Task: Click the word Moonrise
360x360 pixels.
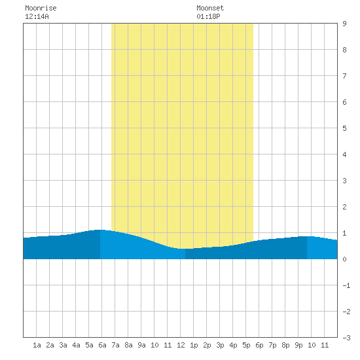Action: pyautogui.click(x=41, y=8)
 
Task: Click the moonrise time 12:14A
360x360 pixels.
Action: pyautogui.click(x=37, y=16)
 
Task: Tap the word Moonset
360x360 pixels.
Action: pyautogui.click(x=210, y=8)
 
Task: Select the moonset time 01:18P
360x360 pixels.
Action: pyautogui.click(x=208, y=16)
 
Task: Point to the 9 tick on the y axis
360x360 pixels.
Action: pyautogui.click(x=344, y=24)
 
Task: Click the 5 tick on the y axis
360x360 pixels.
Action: pyautogui.click(x=344, y=128)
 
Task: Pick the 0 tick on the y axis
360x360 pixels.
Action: pyautogui.click(x=344, y=259)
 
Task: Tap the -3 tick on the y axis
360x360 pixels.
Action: pyautogui.click(x=346, y=338)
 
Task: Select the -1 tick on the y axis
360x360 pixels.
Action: pyautogui.click(x=346, y=285)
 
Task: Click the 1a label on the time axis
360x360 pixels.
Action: pyautogui.click(x=37, y=345)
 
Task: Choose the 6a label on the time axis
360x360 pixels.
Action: pyautogui.click(x=102, y=345)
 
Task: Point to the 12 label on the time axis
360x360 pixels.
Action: pyautogui.click(x=181, y=345)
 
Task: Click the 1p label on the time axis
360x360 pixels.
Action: pyautogui.click(x=194, y=345)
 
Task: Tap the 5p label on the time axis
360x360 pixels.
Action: pyautogui.click(x=246, y=345)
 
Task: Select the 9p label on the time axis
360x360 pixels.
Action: pyautogui.click(x=298, y=345)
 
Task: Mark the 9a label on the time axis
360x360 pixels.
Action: pyautogui.click(x=141, y=345)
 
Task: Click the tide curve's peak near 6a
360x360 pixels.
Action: pyautogui.click(x=100, y=230)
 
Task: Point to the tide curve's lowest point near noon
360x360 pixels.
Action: pyautogui.click(x=185, y=249)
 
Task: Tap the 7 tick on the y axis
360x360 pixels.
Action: pyautogui.click(x=344, y=76)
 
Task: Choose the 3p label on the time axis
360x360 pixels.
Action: pyautogui.click(x=220, y=345)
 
